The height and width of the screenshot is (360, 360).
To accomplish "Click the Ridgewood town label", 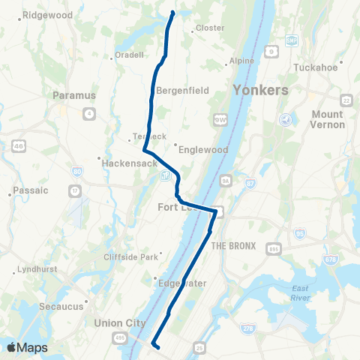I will [x=47, y=15].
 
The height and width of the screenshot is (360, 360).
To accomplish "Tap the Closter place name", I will [x=209, y=28].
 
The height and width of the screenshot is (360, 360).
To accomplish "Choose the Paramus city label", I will [x=75, y=95].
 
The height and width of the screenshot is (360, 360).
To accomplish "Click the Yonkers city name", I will [x=260, y=90].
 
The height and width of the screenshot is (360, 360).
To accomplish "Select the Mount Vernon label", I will [x=328, y=119].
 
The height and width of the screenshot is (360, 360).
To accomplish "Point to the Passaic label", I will [x=31, y=190].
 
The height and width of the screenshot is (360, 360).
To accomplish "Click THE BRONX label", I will [x=233, y=246].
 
